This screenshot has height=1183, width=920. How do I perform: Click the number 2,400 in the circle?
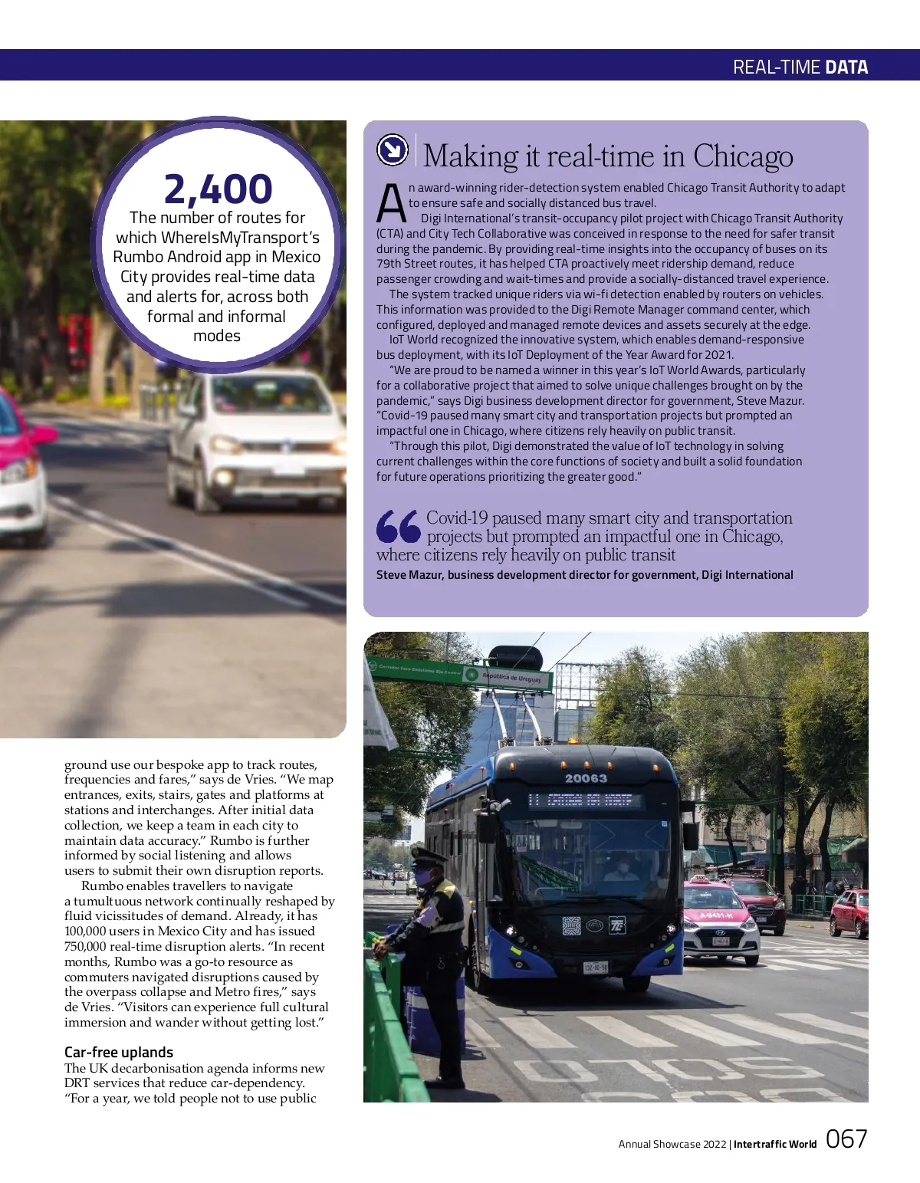[218, 189]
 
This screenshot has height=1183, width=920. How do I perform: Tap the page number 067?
[846, 1139]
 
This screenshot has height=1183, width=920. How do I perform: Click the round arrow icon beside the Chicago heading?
[393, 150]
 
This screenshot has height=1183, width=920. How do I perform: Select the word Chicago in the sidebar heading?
[743, 156]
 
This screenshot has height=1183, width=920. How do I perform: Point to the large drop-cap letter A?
[391, 204]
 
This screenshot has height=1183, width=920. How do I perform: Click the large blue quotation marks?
[398, 527]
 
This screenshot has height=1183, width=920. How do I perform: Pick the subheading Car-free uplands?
[119, 1052]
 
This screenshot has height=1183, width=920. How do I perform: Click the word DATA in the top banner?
[846, 67]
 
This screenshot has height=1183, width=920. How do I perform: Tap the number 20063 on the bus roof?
[586, 778]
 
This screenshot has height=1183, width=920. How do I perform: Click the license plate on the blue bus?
[595, 968]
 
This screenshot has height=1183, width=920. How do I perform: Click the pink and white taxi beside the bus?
[718, 921]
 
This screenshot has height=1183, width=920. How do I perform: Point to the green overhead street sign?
[458, 672]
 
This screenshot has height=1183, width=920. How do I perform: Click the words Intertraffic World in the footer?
[775, 1144]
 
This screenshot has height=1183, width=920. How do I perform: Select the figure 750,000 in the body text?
[87, 947]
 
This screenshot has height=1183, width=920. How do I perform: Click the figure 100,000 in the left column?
[87, 932]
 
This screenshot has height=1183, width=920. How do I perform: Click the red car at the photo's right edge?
[849, 912]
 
